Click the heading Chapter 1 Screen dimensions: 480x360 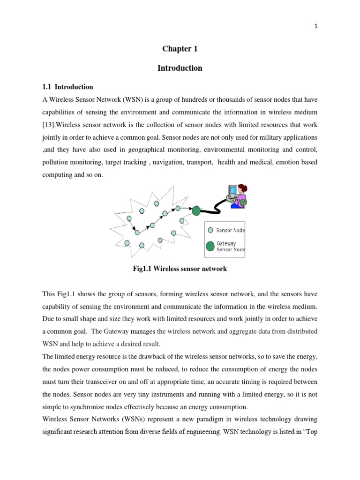pyautogui.click(x=177, y=49)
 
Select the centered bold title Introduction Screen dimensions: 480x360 pyautogui.click(x=180, y=68)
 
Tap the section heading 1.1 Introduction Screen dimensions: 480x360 pyautogui.click(x=68, y=87)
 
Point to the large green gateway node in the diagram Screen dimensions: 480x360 pyautogui.click(x=196, y=211)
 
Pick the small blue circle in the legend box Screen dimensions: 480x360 pyautogui.click(x=210, y=230)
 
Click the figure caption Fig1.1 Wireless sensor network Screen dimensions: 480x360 pyautogui.click(x=180, y=269)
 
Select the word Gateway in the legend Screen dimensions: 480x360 pyautogui.click(x=226, y=244)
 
